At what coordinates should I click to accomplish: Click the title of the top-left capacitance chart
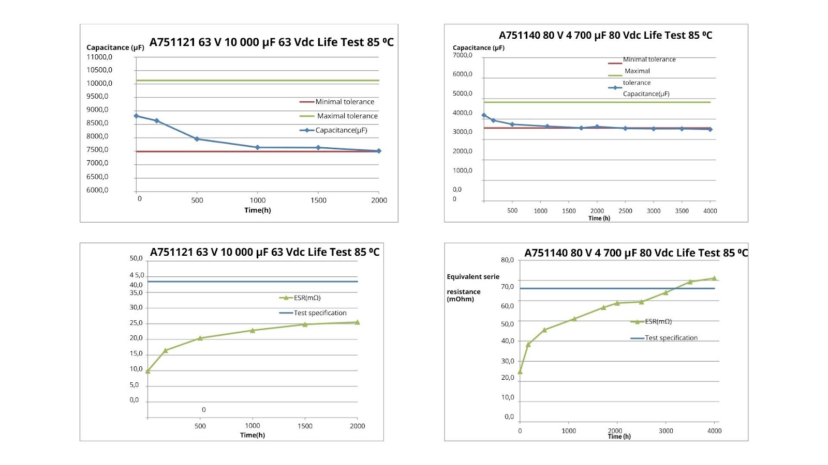(x=271, y=42)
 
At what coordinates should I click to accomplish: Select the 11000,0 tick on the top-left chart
(x=99, y=57)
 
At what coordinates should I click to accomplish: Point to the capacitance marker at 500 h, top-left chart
(x=197, y=139)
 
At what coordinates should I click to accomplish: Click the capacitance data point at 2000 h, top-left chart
(x=379, y=151)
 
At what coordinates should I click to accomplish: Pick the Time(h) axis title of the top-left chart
(x=258, y=210)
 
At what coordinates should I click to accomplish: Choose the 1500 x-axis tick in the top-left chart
(x=318, y=200)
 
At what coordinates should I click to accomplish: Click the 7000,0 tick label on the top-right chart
(x=463, y=55)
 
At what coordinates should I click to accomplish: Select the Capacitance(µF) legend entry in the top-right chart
(x=646, y=94)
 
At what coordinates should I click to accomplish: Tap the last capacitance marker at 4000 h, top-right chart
(x=710, y=129)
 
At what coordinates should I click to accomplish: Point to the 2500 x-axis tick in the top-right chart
(x=625, y=211)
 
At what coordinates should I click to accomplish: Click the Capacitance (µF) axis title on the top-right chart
(x=479, y=48)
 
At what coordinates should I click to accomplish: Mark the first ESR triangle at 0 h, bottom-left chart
(x=148, y=371)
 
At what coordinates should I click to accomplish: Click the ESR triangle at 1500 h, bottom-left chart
(x=305, y=324)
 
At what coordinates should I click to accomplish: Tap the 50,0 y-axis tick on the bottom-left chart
(x=136, y=258)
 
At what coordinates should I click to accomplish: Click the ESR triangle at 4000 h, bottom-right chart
(x=714, y=278)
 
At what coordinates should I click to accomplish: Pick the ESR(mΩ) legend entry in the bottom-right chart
(x=658, y=321)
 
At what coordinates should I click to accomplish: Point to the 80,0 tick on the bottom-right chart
(x=507, y=260)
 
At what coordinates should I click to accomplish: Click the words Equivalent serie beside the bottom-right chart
(x=473, y=277)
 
